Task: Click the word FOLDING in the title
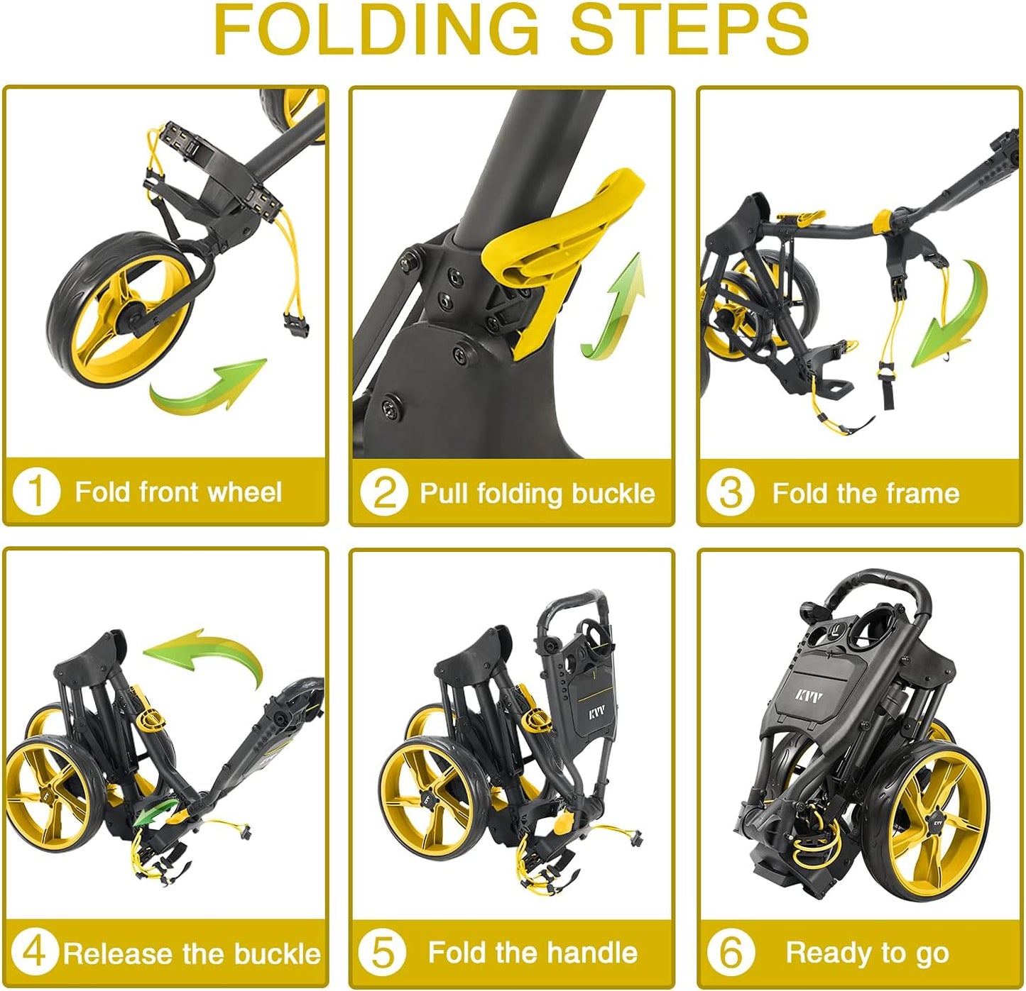pos(377,30)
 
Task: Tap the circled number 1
pos(36,492)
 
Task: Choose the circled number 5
pos(383,953)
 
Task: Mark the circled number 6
pos(731,953)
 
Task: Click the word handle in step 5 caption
pos(595,953)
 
